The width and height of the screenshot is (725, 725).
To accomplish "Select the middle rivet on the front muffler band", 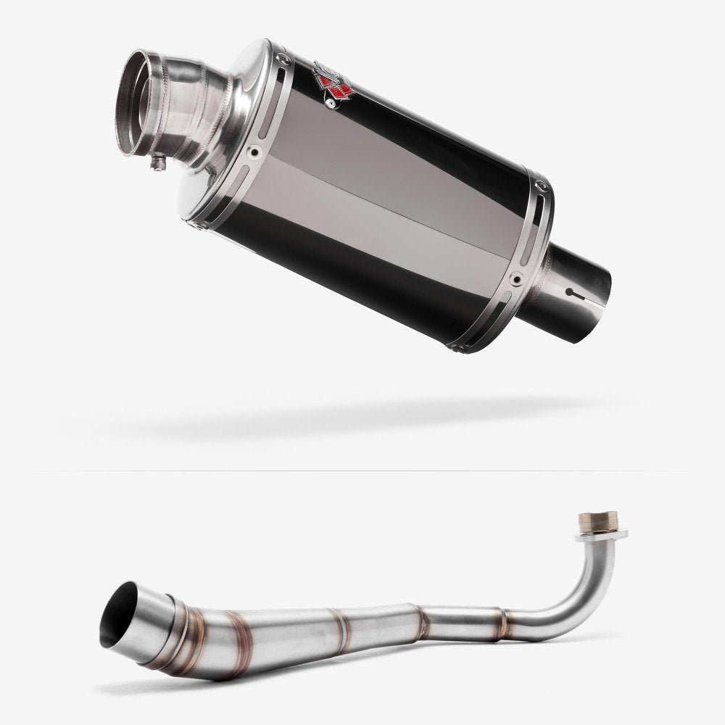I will [x=253, y=153].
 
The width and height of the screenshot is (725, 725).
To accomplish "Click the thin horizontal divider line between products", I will [x=362, y=471].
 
